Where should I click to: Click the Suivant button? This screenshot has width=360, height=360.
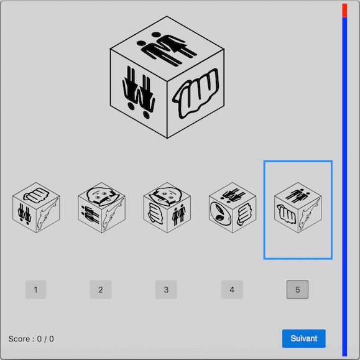tap(303, 339)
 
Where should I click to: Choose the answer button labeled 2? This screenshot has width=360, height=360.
tap(100, 290)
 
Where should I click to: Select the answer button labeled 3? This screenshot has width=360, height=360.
tap(166, 290)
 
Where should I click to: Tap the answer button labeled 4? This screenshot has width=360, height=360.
tap(232, 290)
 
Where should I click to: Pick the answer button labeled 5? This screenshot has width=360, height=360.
tap(297, 290)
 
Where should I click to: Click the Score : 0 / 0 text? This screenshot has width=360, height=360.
tap(31, 339)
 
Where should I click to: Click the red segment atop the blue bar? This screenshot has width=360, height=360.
tap(344, 10)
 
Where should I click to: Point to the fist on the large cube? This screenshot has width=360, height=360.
tap(196, 94)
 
